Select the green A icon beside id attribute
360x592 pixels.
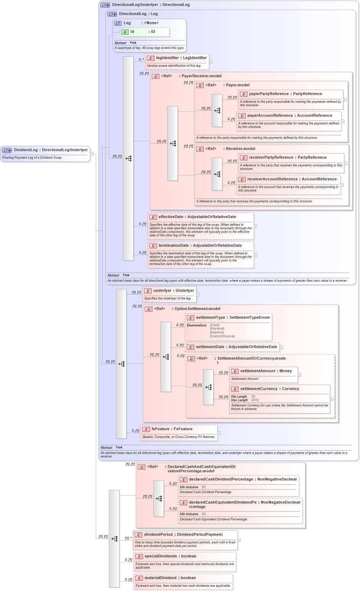125,32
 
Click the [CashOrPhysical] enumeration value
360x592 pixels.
222,337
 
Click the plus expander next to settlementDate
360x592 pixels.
281,347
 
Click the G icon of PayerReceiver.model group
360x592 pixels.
156,76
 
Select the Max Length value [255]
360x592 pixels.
255,400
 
